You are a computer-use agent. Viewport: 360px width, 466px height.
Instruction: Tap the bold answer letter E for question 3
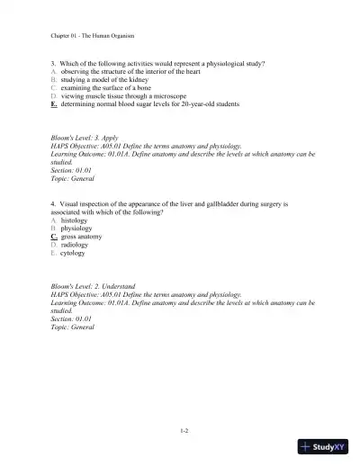coord(54,104)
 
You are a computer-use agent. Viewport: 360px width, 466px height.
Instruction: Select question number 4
coord(53,204)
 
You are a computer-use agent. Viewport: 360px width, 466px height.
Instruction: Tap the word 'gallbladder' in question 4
coord(213,204)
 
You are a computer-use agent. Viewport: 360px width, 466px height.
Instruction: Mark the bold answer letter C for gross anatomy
coord(54,237)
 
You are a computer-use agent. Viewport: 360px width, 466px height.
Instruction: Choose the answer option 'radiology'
coord(75,245)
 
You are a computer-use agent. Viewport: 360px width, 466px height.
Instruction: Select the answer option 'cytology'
coord(74,253)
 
